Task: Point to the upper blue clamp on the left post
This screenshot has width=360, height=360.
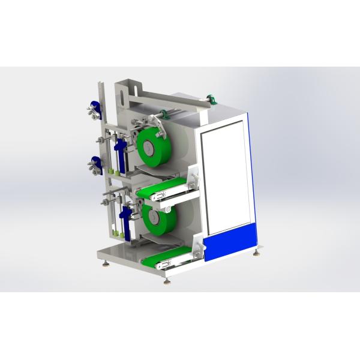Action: coord(93,111)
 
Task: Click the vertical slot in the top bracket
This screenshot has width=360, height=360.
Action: coord(122,101)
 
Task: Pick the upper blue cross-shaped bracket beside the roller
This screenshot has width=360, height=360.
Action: coord(120,149)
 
